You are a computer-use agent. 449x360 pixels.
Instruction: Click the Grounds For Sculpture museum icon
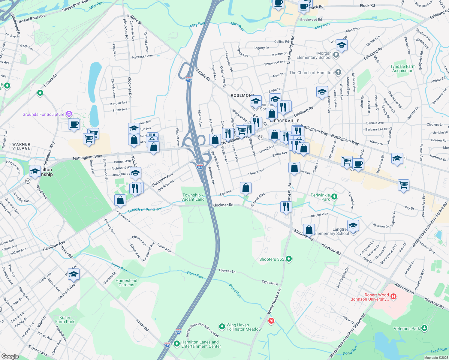(x=69, y=114)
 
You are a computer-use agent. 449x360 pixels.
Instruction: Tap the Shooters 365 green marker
(x=289, y=259)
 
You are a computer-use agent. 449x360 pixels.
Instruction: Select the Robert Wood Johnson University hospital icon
(x=393, y=297)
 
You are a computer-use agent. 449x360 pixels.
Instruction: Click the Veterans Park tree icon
(x=424, y=328)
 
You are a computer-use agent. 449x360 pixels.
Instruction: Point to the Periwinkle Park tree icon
(x=334, y=197)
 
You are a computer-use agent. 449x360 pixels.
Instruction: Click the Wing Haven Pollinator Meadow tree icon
(x=222, y=326)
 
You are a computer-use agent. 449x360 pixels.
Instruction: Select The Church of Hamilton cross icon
(x=338, y=72)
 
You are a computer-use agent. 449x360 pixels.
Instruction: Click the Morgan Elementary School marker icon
(x=336, y=55)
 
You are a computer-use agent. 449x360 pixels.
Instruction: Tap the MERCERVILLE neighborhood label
(x=285, y=121)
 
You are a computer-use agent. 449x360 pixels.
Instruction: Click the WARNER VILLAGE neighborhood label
(x=21, y=146)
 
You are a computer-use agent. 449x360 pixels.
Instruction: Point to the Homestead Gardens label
(x=126, y=283)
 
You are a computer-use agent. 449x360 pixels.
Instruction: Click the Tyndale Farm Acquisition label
(x=403, y=68)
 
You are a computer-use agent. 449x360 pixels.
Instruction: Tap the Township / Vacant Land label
(x=193, y=197)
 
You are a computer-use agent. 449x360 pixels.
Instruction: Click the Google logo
(x=10, y=356)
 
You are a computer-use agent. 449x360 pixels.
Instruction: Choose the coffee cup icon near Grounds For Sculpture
(x=74, y=124)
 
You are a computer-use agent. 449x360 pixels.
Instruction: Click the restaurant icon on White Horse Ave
(x=286, y=207)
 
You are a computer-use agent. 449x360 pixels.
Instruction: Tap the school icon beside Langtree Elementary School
(x=353, y=226)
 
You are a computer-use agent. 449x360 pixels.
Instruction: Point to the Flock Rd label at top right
(x=367, y=5)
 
